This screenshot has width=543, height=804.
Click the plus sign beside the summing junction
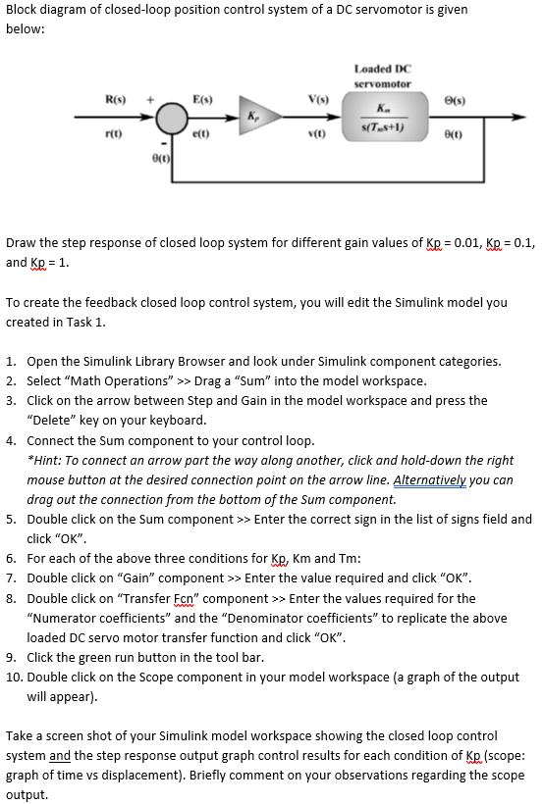(149, 100)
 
